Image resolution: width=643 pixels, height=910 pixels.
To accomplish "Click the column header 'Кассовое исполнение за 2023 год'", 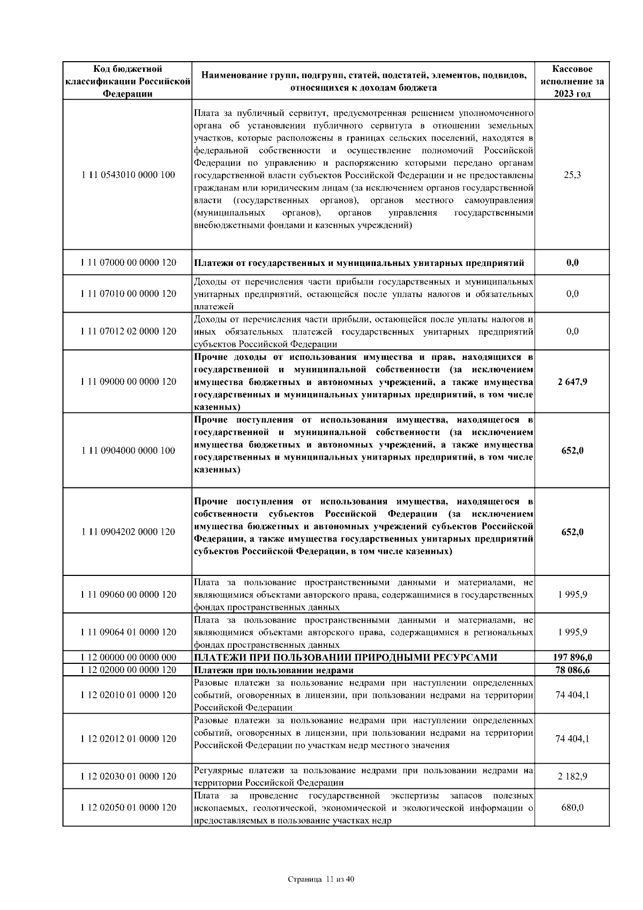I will [x=572, y=82].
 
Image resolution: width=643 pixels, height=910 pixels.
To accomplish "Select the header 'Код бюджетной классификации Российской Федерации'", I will [x=128, y=82].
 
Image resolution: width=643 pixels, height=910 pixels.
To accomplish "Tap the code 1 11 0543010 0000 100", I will [x=128, y=175].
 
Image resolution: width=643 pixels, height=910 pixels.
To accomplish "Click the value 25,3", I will [x=572, y=175].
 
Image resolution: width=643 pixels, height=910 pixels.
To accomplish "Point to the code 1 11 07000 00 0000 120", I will [x=128, y=263].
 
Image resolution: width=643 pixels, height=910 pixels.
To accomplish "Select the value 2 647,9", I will [x=572, y=382].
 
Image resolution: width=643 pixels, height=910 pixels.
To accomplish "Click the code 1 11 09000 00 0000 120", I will [x=128, y=382].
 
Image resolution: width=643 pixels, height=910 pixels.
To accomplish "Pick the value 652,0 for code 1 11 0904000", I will [x=572, y=450].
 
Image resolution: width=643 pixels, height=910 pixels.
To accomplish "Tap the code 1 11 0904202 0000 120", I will [x=128, y=532].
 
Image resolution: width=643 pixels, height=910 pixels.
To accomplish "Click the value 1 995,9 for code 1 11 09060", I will [x=572, y=595].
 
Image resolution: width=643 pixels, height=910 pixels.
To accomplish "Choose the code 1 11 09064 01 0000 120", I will [x=128, y=632].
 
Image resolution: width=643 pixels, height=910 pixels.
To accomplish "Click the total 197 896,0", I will [x=572, y=657].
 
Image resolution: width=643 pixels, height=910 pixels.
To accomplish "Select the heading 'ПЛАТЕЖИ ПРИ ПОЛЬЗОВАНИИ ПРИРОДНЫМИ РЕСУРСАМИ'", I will [x=345, y=657].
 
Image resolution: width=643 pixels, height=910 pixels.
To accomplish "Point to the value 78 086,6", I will [x=572, y=670].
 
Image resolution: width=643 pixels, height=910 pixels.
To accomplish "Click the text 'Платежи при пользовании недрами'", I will [x=273, y=670].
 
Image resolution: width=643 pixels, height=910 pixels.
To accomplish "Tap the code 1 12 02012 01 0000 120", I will [x=128, y=739].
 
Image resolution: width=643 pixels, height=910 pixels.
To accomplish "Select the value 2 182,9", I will [x=572, y=776].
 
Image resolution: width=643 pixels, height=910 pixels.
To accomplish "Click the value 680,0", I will [x=572, y=808].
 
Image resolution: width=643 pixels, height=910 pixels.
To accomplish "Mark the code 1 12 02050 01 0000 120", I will [x=128, y=808].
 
